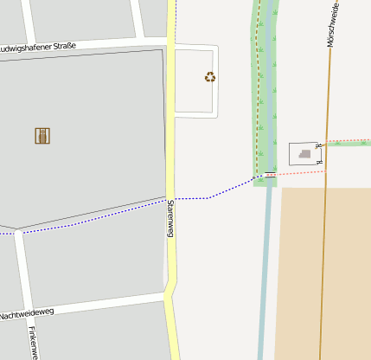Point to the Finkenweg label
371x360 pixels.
pos(32,343)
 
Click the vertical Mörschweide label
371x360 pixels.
pos(331,24)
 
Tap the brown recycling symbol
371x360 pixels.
pos(210,77)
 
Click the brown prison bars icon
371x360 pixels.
pos(42,136)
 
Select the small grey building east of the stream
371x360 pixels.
pos(304,154)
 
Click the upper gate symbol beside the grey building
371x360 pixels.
pos(319,145)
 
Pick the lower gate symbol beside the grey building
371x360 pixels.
pos(319,161)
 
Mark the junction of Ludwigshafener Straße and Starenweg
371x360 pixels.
pos(170,42)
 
